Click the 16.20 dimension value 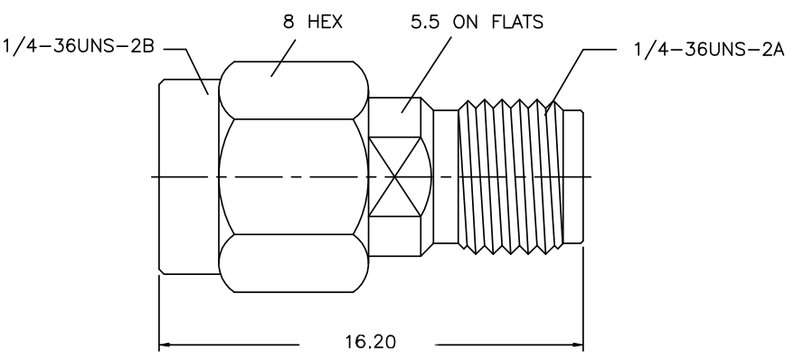[x=370, y=342]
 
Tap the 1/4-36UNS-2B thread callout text [x=79, y=46]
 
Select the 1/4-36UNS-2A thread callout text [x=709, y=50]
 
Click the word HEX [x=325, y=22]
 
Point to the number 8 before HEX [x=288, y=22]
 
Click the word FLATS [x=517, y=22]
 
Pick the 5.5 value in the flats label [x=425, y=22]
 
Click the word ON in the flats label [x=466, y=22]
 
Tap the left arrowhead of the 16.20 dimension [x=165, y=345]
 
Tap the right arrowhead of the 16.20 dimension [x=577, y=345]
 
